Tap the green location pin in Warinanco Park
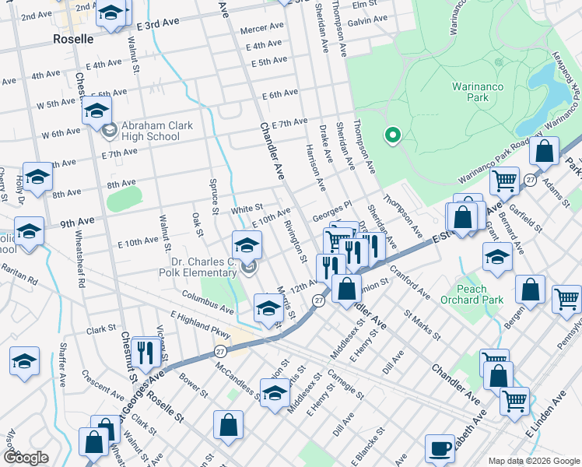(x=393, y=135)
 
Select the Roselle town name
(x=73, y=38)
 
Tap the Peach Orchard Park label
(x=482, y=294)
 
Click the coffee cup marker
(x=440, y=448)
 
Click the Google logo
(x=26, y=457)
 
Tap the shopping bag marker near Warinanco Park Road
(x=545, y=152)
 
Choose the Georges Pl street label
(x=332, y=208)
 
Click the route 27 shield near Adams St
(x=530, y=180)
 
